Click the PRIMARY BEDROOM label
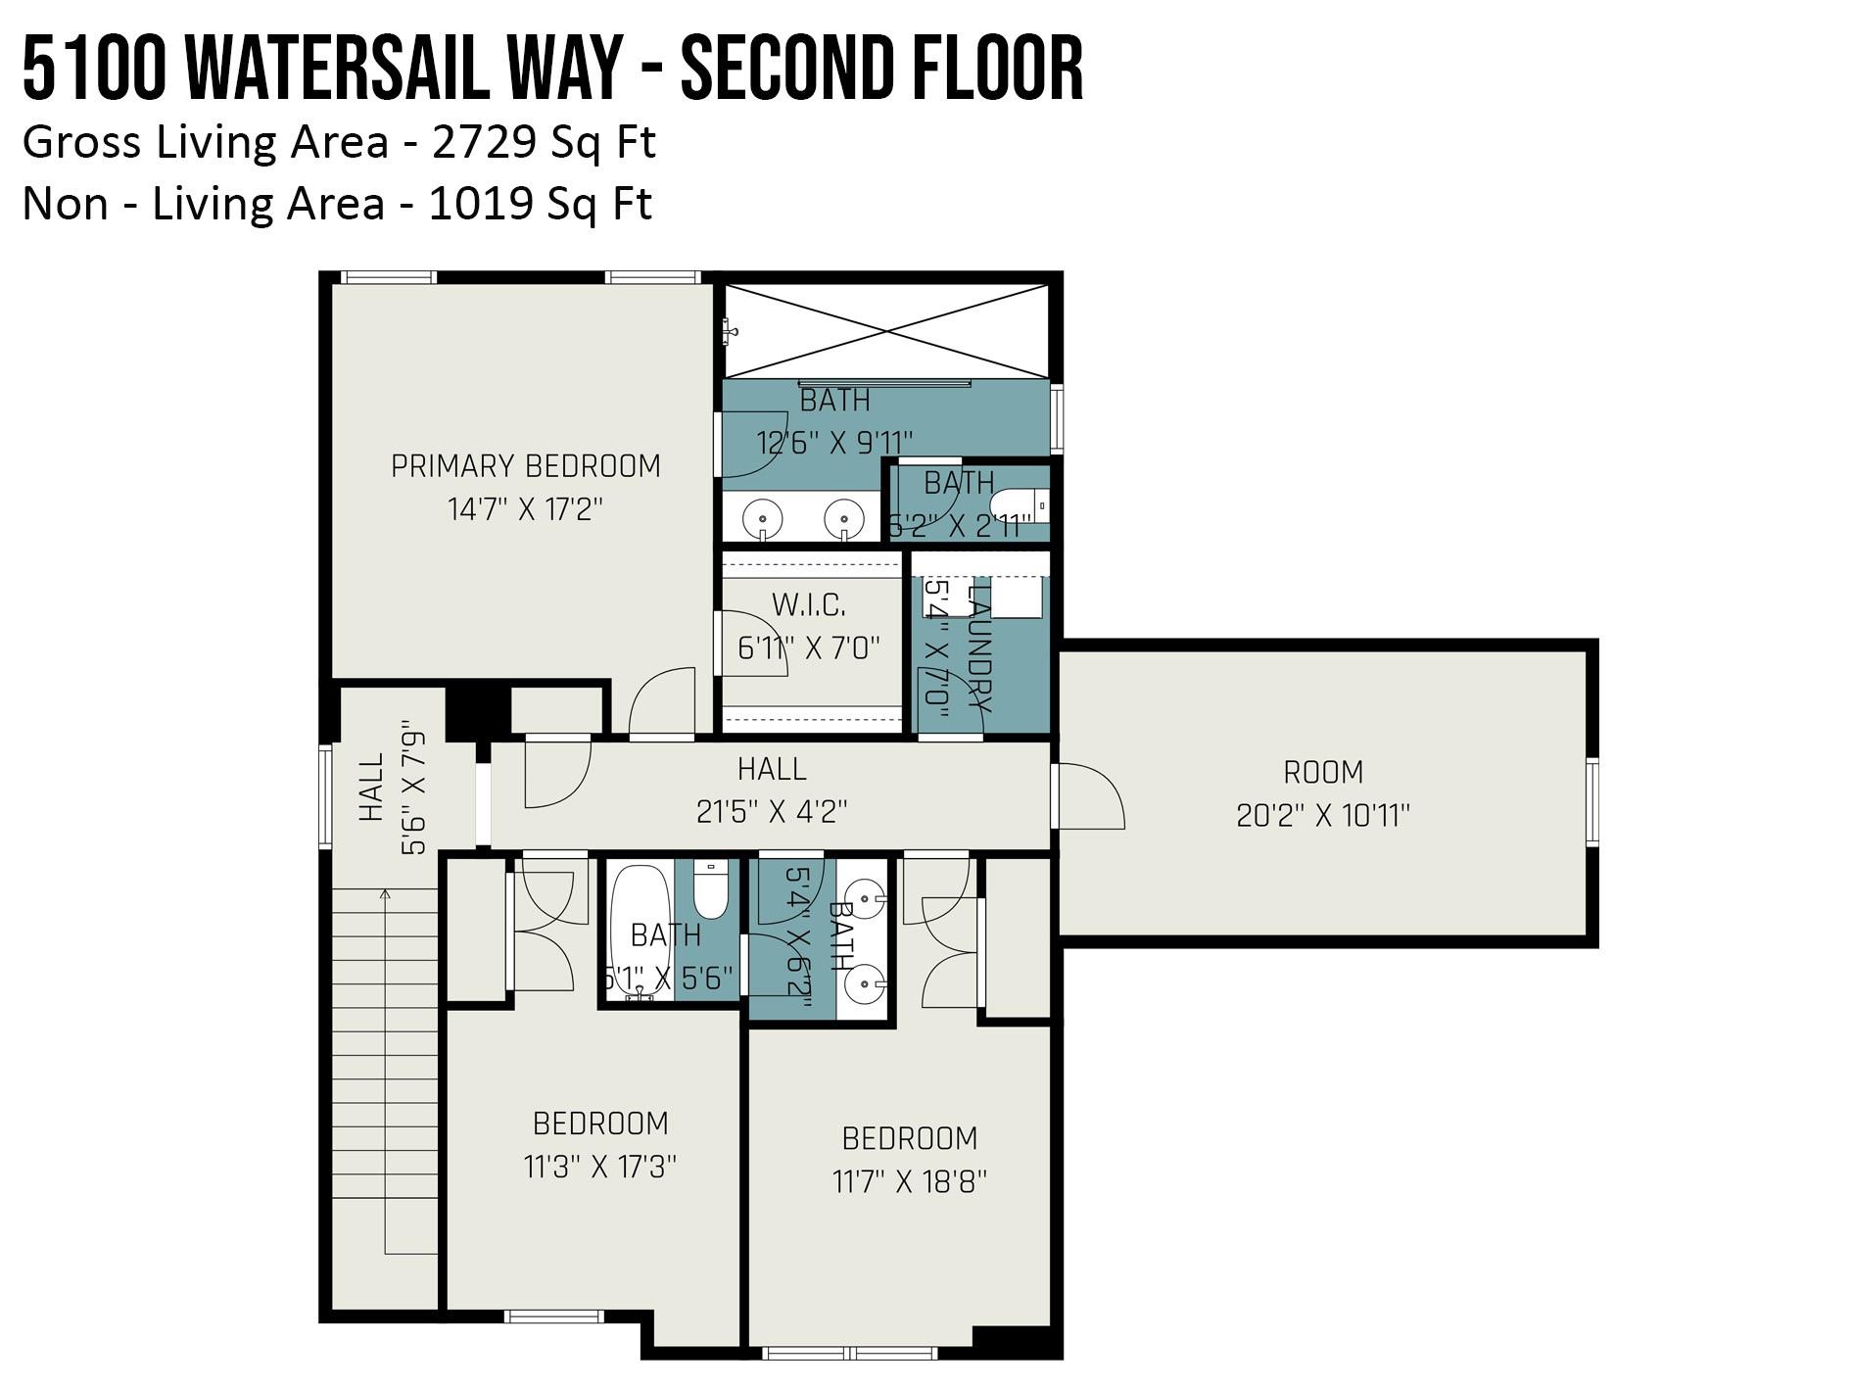point(526,466)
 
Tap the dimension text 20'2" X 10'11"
point(1323,816)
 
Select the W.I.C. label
point(809,605)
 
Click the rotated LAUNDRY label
point(979,646)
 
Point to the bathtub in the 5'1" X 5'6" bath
point(641,926)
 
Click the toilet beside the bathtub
point(711,889)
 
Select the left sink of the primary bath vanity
point(762,516)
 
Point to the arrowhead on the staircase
point(385,894)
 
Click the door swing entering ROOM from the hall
point(1089,795)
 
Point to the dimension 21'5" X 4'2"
point(772,812)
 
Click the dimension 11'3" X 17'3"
point(600,1168)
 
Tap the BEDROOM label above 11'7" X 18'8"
point(910,1138)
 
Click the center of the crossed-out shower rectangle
point(886,331)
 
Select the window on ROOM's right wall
point(1591,801)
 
